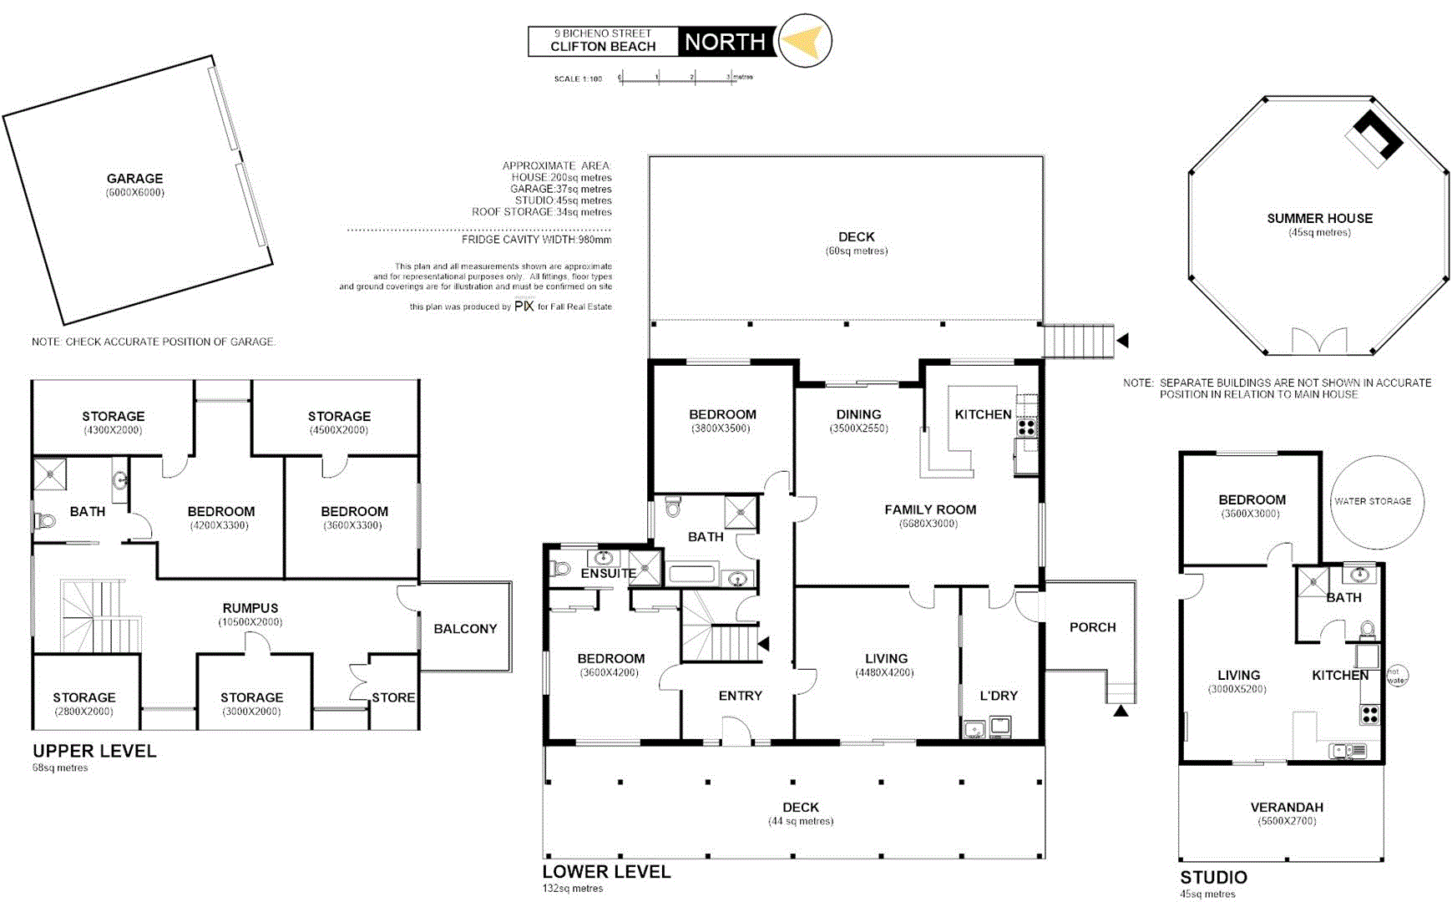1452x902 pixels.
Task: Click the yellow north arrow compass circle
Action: point(805,40)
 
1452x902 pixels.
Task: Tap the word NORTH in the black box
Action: point(725,42)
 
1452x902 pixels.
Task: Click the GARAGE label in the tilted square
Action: point(134,178)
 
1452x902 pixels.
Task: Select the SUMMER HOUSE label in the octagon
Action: point(1319,218)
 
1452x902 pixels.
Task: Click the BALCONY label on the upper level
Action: point(465,629)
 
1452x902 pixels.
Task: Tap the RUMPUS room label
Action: point(250,608)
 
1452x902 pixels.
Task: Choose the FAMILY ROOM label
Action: point(930,509)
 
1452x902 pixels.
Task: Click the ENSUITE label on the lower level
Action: point(609,574)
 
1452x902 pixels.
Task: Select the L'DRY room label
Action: point(999,696)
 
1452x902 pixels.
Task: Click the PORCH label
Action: point(1092,627)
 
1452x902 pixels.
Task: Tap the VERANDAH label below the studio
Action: point(1287,807)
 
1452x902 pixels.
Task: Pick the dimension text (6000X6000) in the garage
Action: point(135,193)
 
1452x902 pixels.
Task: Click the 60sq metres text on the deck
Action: point(857,251)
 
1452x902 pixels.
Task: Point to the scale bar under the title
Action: point(676,79)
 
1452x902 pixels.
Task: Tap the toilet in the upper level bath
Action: point(44,521)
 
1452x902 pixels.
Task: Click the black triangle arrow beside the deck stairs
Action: point(1123,341)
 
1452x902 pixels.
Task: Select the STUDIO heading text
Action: point(1213,877)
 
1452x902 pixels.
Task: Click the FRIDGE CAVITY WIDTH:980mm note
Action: point(536,240)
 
